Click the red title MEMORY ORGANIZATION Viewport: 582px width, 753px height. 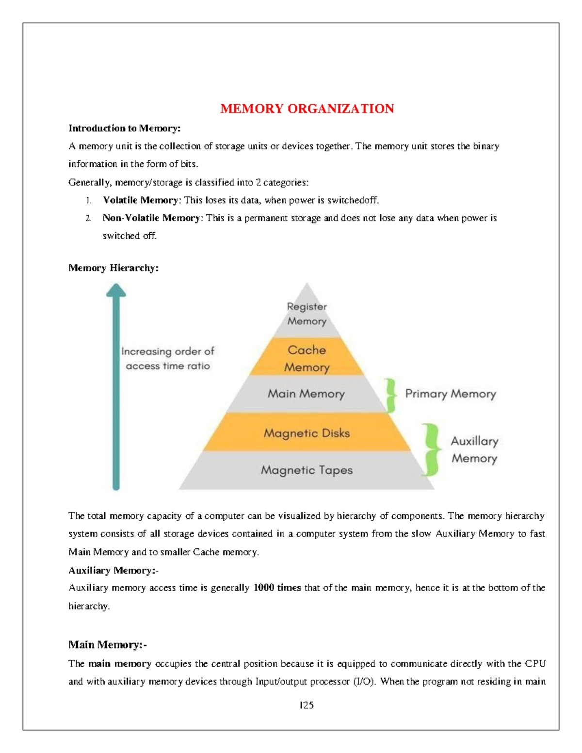point(307,109)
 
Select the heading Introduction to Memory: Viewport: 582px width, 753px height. point(124,128)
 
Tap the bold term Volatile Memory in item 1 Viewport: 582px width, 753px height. point(140,200)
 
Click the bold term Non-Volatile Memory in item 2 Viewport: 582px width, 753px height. point(151,218)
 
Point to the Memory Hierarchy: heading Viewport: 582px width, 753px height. point(113,268)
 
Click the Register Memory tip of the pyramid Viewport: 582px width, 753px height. point(307,314)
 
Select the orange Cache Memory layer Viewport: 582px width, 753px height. point(307,358)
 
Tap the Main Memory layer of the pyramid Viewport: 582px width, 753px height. point(306,394)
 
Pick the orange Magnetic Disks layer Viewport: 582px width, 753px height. point(307,433)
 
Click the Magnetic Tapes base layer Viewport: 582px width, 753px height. point(307,470)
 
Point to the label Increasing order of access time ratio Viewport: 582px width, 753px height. point(167,358)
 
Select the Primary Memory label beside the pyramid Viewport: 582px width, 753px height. point(450,394)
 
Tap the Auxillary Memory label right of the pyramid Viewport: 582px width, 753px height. point(474,449)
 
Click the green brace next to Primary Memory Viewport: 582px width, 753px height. point(390,395)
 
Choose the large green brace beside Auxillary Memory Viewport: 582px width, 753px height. point(431,449)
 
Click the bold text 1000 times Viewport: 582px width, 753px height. point(277,588)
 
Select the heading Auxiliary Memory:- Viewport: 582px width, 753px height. point(113,571)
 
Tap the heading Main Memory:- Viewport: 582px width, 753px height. point(107,645)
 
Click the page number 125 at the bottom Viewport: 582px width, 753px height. point(307,705)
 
